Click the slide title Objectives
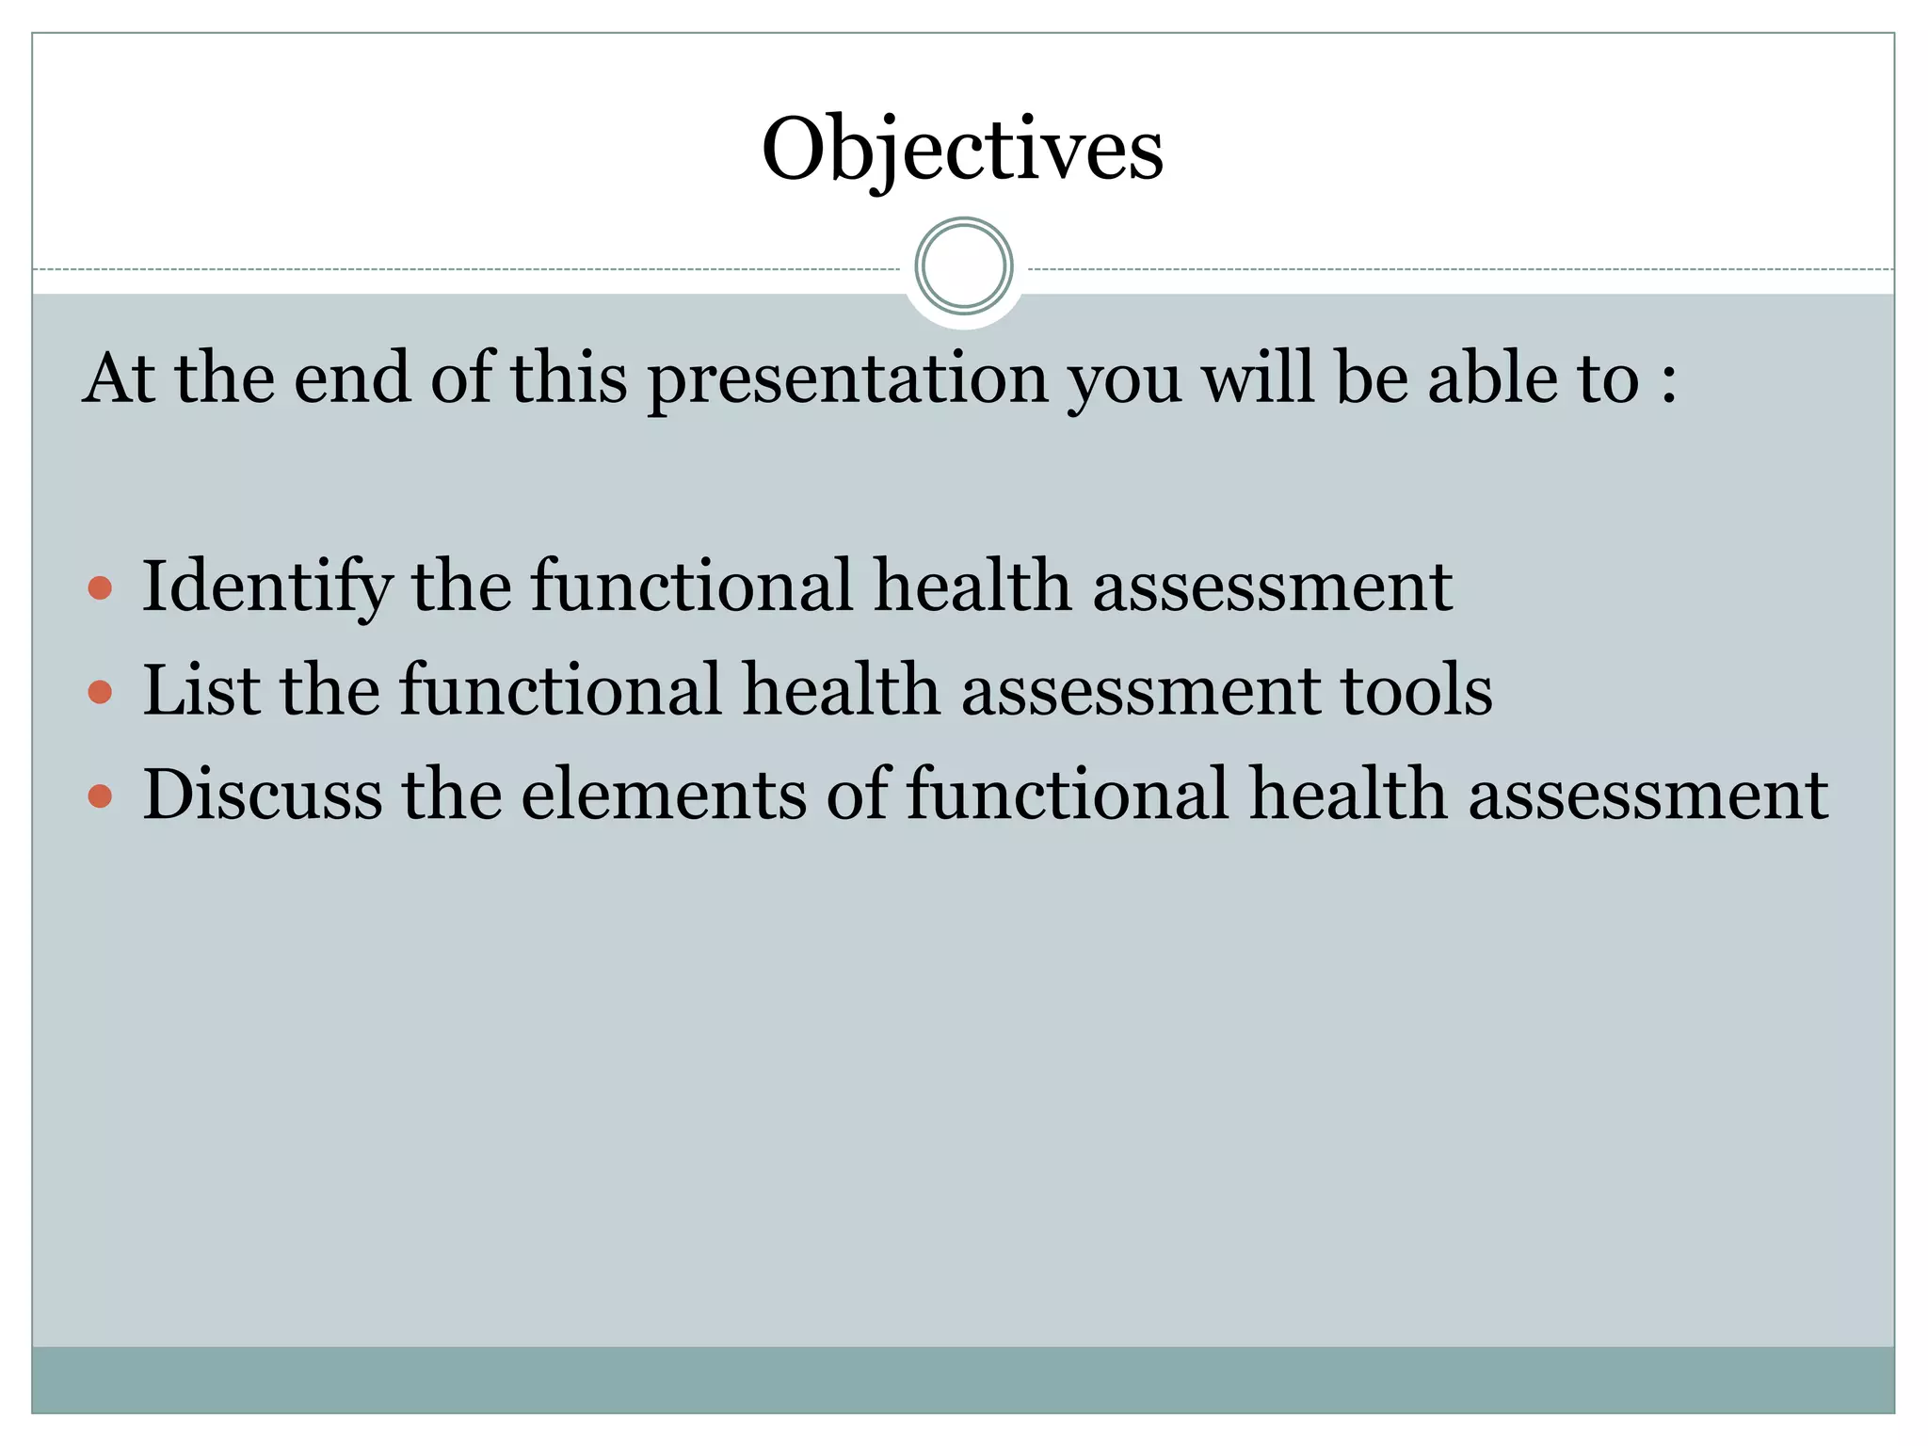click(x=962, y=151)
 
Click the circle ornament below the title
click(x=963, y=266)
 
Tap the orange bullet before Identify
click(x=100, y=589)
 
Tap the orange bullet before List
click(x=100, y=693)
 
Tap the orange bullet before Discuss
click(x=100, y=796)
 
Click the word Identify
click(x=266, y=587)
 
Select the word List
click(x=201, y=690)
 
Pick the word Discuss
click(x=263, y=795)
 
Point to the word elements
click(x=664, y=795)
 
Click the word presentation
click(x=848, y=379)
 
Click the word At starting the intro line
click(x=120, y=378)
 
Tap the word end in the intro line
click(x=352, y=378)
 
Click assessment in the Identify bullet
click(x=1272, y=587)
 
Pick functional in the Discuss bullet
click(x=1068, y=795)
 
